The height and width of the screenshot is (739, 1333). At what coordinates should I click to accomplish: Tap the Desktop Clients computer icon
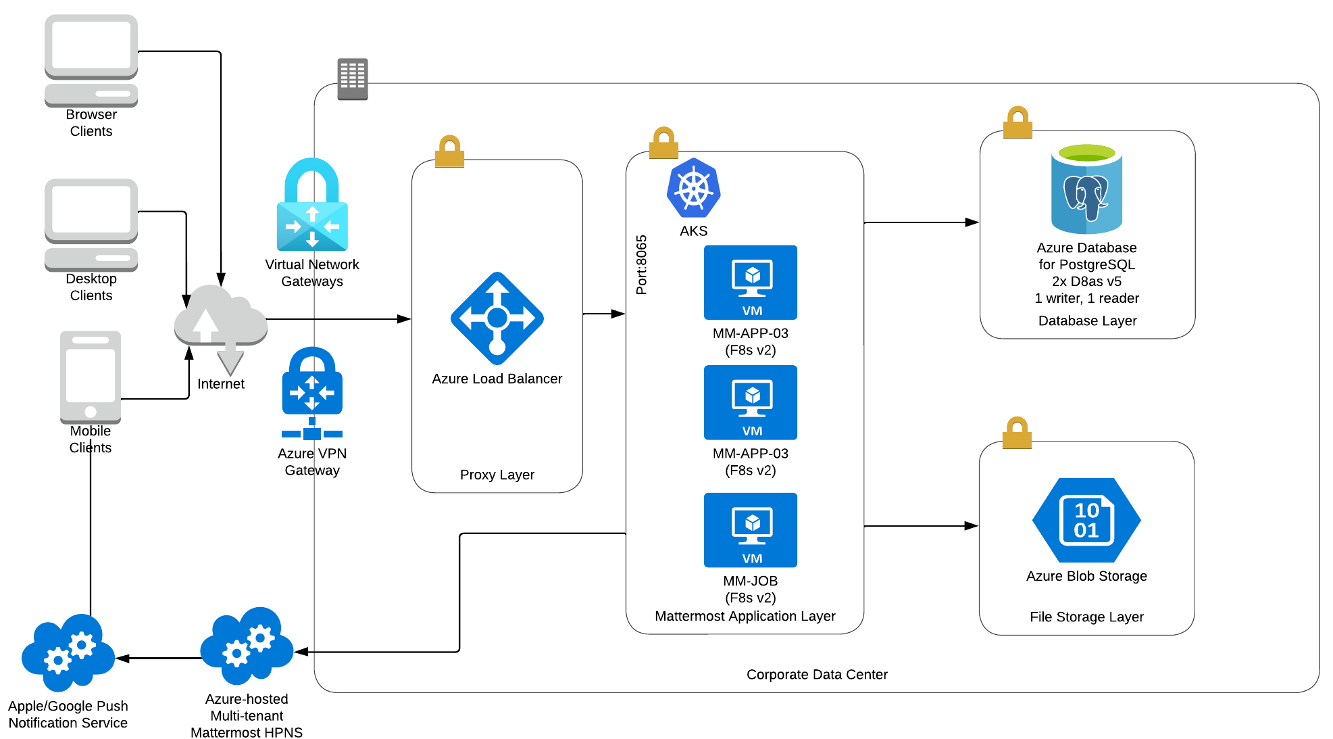click(91, 224)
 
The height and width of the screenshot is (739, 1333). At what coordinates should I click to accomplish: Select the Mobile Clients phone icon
click(91, 377)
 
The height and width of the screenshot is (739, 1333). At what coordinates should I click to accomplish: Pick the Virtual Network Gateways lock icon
click(312, 205)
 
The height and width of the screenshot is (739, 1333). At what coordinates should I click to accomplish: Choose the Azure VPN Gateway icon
click(312, 393)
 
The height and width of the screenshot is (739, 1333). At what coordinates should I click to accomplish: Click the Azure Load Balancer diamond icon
click(497, 318)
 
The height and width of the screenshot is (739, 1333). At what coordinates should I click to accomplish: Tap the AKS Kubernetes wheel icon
click(693, 189)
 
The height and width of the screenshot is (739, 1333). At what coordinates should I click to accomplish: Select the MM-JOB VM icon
click(751, 530)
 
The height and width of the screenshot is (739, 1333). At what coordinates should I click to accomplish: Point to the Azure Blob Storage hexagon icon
click(1086, 520)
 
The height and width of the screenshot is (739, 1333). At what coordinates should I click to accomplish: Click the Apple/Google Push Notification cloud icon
click(68, 652)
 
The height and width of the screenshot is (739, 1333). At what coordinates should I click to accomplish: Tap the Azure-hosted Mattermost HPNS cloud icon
click(247, 646)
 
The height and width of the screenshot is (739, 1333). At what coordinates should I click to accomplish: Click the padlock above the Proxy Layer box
click(449, 151)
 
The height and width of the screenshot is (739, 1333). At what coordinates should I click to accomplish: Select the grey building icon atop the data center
click(353, 79)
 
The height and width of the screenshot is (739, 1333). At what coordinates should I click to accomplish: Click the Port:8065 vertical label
click(641, 265)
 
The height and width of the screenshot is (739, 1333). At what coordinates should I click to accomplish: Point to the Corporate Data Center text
click(817, 674)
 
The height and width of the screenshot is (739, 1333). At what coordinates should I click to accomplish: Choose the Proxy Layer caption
click(497, 475)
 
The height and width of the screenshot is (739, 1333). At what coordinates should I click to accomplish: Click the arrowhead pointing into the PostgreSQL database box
click(972, 222)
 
